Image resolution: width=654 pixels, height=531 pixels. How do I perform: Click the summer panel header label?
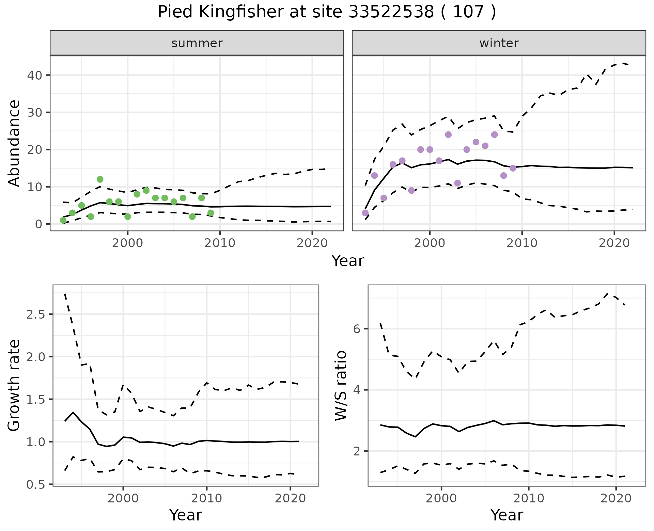tap(197, 43)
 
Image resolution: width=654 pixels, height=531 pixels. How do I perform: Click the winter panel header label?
tap(499, 43)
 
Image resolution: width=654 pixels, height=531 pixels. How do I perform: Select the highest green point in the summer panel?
tap(100, 179)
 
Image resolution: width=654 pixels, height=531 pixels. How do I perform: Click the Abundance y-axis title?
tap(14, 143)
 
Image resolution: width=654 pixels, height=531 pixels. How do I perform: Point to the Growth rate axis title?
tap(14, 385)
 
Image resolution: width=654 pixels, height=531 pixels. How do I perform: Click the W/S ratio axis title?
tap(341, 385)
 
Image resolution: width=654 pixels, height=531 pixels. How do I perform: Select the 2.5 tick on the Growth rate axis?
tap(37, 314)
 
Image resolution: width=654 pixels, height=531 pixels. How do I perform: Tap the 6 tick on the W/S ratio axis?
tap(356, 329)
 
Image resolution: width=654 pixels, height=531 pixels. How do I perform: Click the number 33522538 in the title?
tap(391, 12)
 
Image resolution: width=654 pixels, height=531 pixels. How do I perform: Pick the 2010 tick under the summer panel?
tap(220, 243)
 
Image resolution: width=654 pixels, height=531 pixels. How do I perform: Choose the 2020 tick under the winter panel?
tap(614, 243)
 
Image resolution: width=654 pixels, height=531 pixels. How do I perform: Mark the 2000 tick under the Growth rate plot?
tap(123, 498)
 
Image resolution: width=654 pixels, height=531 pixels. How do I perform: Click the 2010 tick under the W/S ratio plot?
tap(528, 498)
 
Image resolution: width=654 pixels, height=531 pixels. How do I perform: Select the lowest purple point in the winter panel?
tap(365, 213)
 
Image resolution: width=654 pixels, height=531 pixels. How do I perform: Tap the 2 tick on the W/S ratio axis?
tap(356, 451)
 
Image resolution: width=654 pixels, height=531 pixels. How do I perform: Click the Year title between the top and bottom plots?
tap(348, 261)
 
